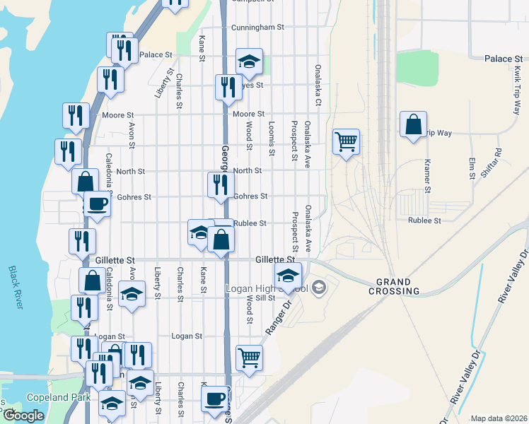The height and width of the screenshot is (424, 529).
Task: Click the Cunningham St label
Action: click(257, 28)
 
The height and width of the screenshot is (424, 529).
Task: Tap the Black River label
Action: click(14, 286)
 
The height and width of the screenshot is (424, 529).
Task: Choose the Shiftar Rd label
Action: click(498, 162)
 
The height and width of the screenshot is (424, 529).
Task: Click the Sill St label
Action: click(264, 298)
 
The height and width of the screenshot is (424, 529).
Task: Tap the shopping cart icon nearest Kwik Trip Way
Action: click(346, 141)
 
